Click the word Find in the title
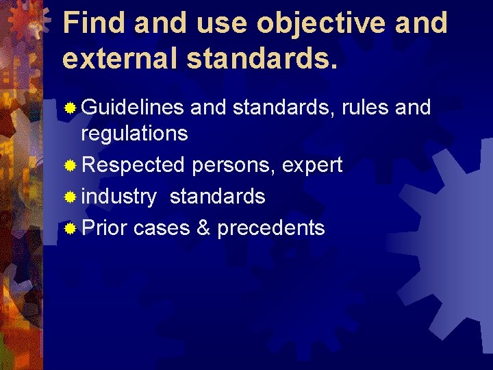pos(93,23)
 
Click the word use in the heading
pos(218,23)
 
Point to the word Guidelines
pos(132,108)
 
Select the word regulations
pos(134,133)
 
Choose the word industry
pos(118,197)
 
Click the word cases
pos(162,227)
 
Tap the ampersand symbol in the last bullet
pos(203,227)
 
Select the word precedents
pos(271,227)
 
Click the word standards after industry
pos(217,197)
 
